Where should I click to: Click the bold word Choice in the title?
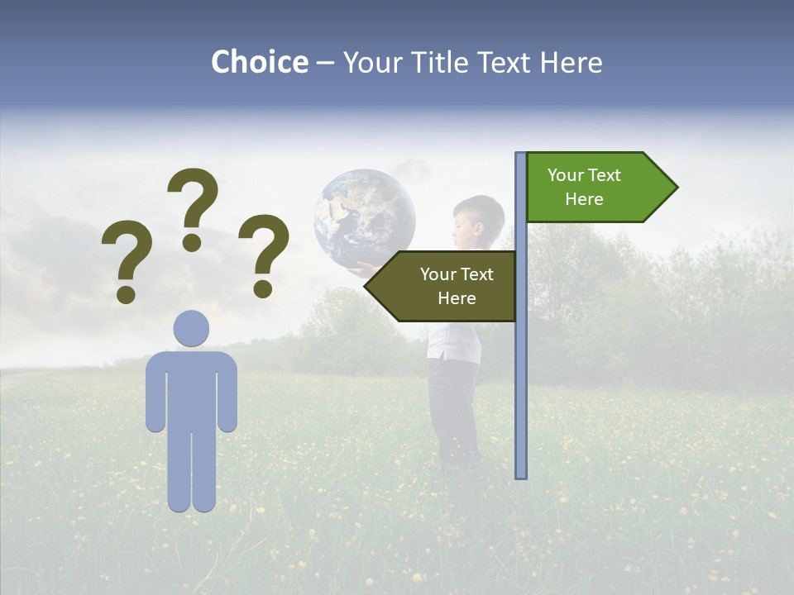(259, 62)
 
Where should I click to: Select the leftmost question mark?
(126, 256)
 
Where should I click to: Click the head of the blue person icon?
(191, 328)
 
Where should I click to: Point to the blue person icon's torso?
(191, 388)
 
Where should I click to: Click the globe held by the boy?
(364, 217)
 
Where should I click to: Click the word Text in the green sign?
(604, 175)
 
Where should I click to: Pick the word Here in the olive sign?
(457, 298)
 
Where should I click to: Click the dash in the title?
(325, 64)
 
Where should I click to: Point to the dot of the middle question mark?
(192, 242)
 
